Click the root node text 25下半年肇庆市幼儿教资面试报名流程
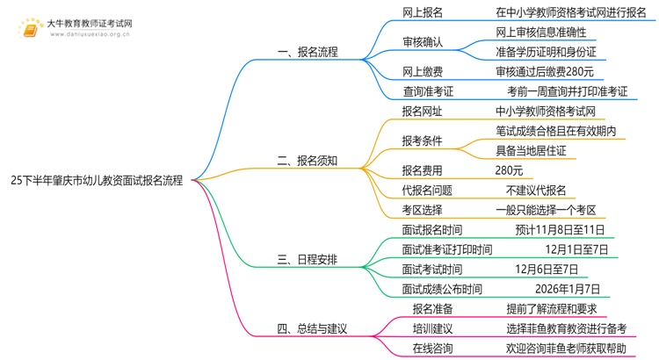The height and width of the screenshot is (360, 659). pos(97,181)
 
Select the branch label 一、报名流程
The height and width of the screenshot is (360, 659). pos(308,52)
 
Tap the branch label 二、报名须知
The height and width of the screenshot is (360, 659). pos(308,161)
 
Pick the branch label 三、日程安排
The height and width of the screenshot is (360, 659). pos(308,260)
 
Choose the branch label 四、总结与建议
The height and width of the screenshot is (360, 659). pos(312,328)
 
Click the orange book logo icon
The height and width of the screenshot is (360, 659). pos(30,29)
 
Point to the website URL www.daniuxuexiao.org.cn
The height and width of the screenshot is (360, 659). pos(90,34)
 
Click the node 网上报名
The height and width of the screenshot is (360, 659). pos(423,12)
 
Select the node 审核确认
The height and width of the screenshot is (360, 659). pos(423,42)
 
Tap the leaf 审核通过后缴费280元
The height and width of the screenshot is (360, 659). pos(545,72)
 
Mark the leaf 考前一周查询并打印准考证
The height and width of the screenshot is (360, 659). pos(568,91)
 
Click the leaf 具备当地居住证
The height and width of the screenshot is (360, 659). pos(531,151)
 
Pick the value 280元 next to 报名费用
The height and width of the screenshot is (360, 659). pos(509,170)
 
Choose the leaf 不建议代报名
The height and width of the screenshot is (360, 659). pos(536,191)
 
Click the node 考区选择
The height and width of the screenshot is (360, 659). pos(422,210)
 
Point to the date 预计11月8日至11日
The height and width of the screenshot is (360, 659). pos(560,230)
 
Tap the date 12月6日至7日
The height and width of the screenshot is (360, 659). pos(547,270)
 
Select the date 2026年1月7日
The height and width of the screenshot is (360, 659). pos(568,289)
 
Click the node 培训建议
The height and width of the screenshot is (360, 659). pos(432,328)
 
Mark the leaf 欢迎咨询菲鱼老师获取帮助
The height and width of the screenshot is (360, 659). pos(566,349)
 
